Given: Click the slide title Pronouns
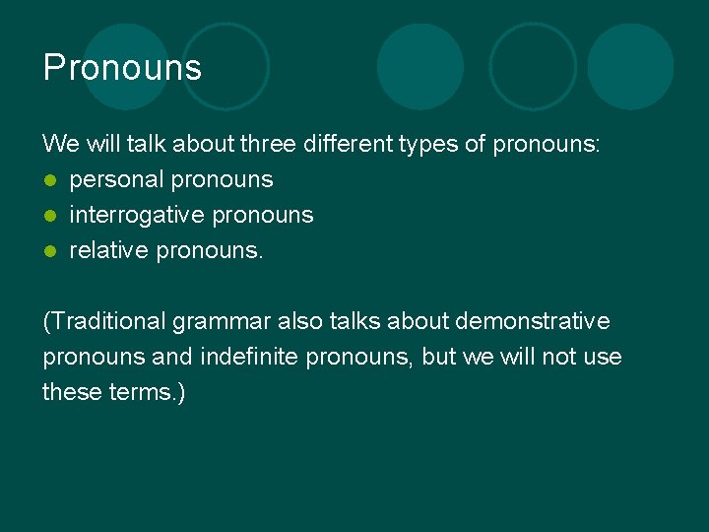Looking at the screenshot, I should (x=122, y=68).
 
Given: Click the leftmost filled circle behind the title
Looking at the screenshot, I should (x=126, y=66).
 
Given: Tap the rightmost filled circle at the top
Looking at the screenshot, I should (x=630, y=66).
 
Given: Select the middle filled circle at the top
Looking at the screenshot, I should (x=420, y=66).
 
